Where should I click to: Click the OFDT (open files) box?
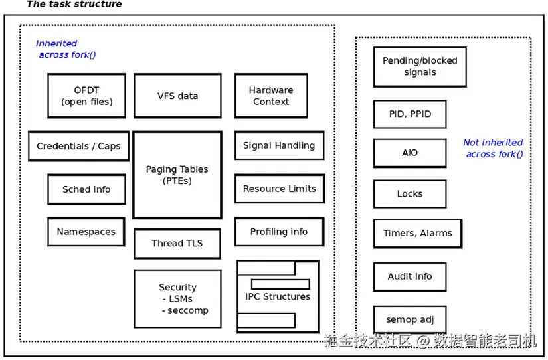pos(86,96)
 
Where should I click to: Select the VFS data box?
pos(177,96)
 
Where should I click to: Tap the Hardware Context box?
pos(271,96)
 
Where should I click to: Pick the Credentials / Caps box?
pos(78,146)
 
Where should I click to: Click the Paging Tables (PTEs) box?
pos(177,175)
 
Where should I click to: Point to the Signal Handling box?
pos(279,145)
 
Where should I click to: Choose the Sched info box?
pos(86,189)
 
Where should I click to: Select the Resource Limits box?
pos(280,189)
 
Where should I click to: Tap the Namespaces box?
pos(86,232)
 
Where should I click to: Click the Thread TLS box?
pos(177,244)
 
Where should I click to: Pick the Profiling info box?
pos(279,232)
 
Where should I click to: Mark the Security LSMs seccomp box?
pos(177,299)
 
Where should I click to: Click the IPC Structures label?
pos(278,296)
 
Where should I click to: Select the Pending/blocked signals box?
pos(420,67)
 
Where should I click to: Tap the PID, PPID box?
pos(410,114)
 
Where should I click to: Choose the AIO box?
pos(410,153)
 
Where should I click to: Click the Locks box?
pos(410,194)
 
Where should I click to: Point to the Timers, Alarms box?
pos(418,234)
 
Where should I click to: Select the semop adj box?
pos(410,319)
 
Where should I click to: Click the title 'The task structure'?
pos(74,4)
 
